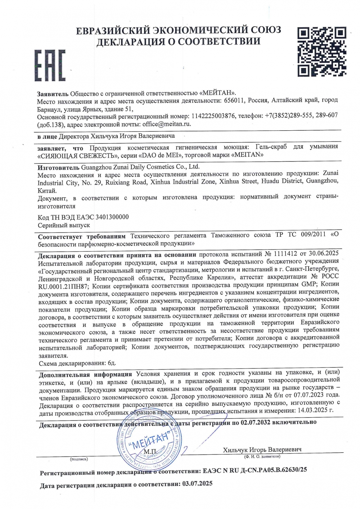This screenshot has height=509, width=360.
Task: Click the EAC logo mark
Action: [x=50, y=66]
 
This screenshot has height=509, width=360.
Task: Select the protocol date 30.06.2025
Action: [x=324, y=253]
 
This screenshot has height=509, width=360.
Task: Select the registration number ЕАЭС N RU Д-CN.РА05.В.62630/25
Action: [x=255, y=470]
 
